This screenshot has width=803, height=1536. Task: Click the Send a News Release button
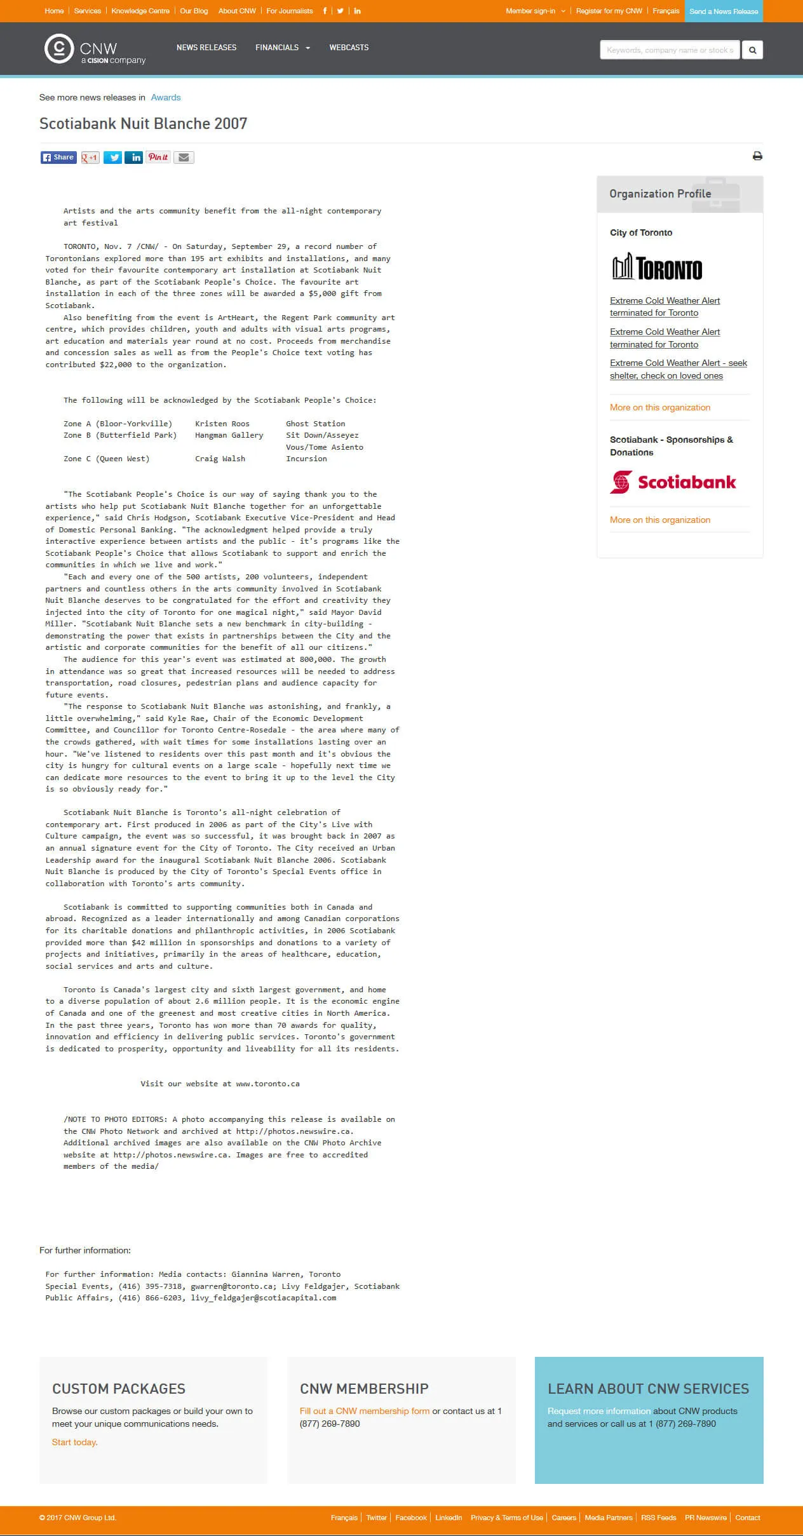click(724, 11)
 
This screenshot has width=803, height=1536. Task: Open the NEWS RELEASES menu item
click(206, 48)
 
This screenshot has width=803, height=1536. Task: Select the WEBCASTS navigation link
click(349, 48)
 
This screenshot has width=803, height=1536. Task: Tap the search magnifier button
click(752, 50)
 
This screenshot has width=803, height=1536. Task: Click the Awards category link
click(166, 98)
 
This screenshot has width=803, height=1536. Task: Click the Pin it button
click(158, 158)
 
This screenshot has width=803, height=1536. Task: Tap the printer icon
click(757, 156)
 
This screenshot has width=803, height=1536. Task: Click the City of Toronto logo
click(657, 267)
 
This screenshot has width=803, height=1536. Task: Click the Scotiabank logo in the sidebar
click(673, 482)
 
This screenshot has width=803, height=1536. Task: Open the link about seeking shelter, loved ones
click(678, 369)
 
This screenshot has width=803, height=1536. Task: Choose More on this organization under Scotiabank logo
click(660, 520)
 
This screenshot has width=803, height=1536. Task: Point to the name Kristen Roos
click(222, 424)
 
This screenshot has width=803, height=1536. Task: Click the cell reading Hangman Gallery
click(229, 436)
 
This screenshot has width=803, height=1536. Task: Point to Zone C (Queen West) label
click(107, 459)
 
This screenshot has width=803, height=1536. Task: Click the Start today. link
click(75, 1442)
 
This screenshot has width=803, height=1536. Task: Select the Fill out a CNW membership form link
click(365, 1411)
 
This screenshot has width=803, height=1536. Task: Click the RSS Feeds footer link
click(658, 1518)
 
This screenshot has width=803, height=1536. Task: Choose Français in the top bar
click(666, 11)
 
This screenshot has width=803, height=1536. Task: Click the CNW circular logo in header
click(59, 49)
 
